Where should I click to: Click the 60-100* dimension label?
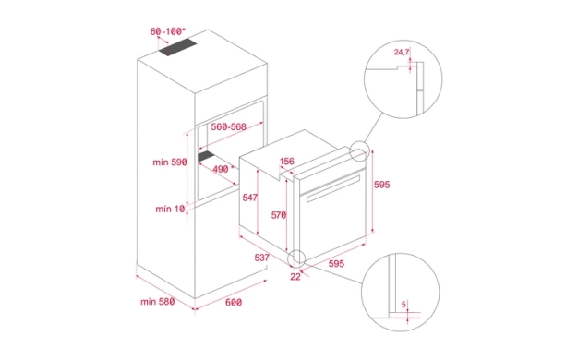click(x=168, y=31)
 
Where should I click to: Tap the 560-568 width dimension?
click(x=229, y=126)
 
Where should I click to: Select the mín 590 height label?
click(x=170, y=162)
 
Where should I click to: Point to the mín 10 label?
click(x=170, y=209)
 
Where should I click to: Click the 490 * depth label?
click(x=223, y=169)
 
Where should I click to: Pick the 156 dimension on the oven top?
click(x=287, y=161)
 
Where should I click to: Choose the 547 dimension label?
click(x=249, y=198)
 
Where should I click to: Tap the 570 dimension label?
click(x=279, y=215)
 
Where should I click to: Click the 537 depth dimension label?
click(x=261, y=258)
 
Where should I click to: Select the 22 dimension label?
click(x=295, y=276)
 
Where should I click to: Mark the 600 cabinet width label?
click(x=234, y=302)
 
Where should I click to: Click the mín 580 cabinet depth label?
click(x=157, y=302)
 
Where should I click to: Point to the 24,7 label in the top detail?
click(x=402, y=52)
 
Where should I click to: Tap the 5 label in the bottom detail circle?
click(x=403, y=305)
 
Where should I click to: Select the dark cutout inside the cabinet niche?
click(x=210, y=155)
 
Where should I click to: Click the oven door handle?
click(x=333, y=188)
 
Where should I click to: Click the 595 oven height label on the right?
click(x=381, y=185)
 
